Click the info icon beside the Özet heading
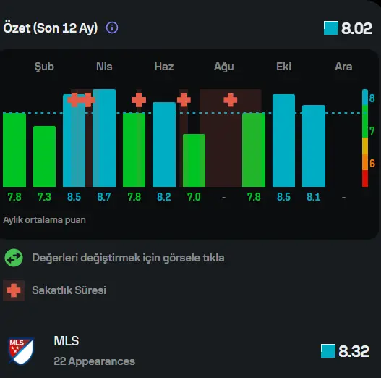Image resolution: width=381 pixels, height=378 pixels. [112, 28]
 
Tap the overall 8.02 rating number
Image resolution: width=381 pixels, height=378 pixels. [356, 28]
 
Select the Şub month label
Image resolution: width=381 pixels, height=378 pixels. [44, 67]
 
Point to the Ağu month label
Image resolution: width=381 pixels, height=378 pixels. [224, 67]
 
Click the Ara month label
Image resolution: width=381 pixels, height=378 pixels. [343, 67]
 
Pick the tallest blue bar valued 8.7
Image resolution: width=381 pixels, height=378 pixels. [104, 138]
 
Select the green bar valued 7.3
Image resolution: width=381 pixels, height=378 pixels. [44, 156]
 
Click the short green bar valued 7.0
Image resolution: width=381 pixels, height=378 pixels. [194, 161]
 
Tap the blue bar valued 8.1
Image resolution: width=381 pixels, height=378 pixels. [314, 146]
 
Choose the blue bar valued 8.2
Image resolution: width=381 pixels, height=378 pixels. [164, 145]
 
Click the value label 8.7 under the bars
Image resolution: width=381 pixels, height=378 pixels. [104, 197]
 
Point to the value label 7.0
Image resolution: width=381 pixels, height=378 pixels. [194, 197]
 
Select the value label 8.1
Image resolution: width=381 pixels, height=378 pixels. [314, 197]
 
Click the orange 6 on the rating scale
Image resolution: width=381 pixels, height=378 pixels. [372, 164]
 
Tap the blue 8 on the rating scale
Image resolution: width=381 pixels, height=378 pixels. [372, 98]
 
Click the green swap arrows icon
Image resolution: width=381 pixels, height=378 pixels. [14, 258]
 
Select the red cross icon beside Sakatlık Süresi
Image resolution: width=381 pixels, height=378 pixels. [14, 290]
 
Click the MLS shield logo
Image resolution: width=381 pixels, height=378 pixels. [21, 350]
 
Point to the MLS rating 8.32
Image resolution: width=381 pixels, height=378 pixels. [354, 351]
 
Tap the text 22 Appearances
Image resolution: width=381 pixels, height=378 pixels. [94, 361]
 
